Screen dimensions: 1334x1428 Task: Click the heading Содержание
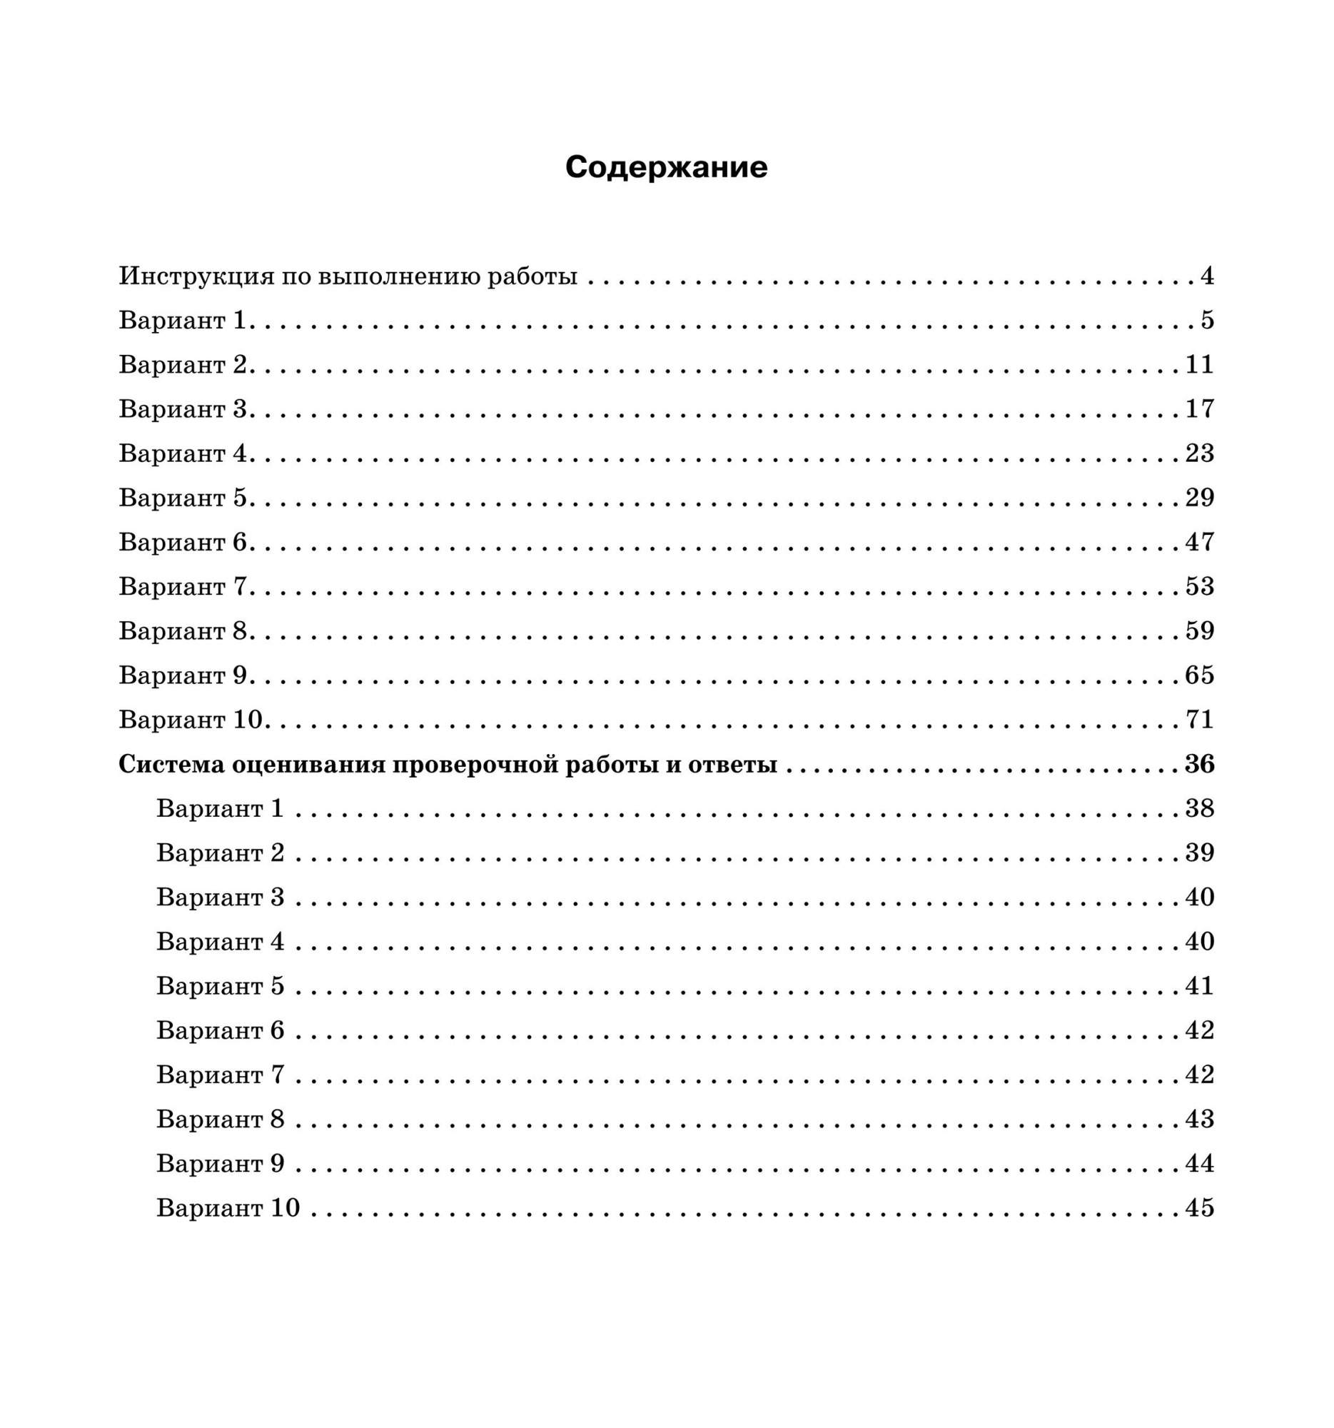666,167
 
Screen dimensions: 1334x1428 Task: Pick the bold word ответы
732,764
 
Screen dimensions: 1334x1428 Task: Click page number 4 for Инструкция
1207,276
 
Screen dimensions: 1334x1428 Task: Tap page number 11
1199,365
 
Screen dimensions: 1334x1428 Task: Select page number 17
1199,408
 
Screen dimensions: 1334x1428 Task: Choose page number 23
1199,453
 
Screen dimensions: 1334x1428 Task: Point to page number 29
1199,498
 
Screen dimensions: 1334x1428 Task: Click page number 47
1199,543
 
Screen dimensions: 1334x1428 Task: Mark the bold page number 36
1199,764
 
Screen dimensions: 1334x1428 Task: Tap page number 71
1199,720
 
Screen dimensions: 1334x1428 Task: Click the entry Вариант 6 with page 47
183,543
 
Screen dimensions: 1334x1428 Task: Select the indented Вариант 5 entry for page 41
221,986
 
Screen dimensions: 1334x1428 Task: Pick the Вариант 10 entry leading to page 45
228,1208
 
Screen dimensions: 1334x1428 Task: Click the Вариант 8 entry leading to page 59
183,631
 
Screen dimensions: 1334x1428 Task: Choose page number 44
1199,1164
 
